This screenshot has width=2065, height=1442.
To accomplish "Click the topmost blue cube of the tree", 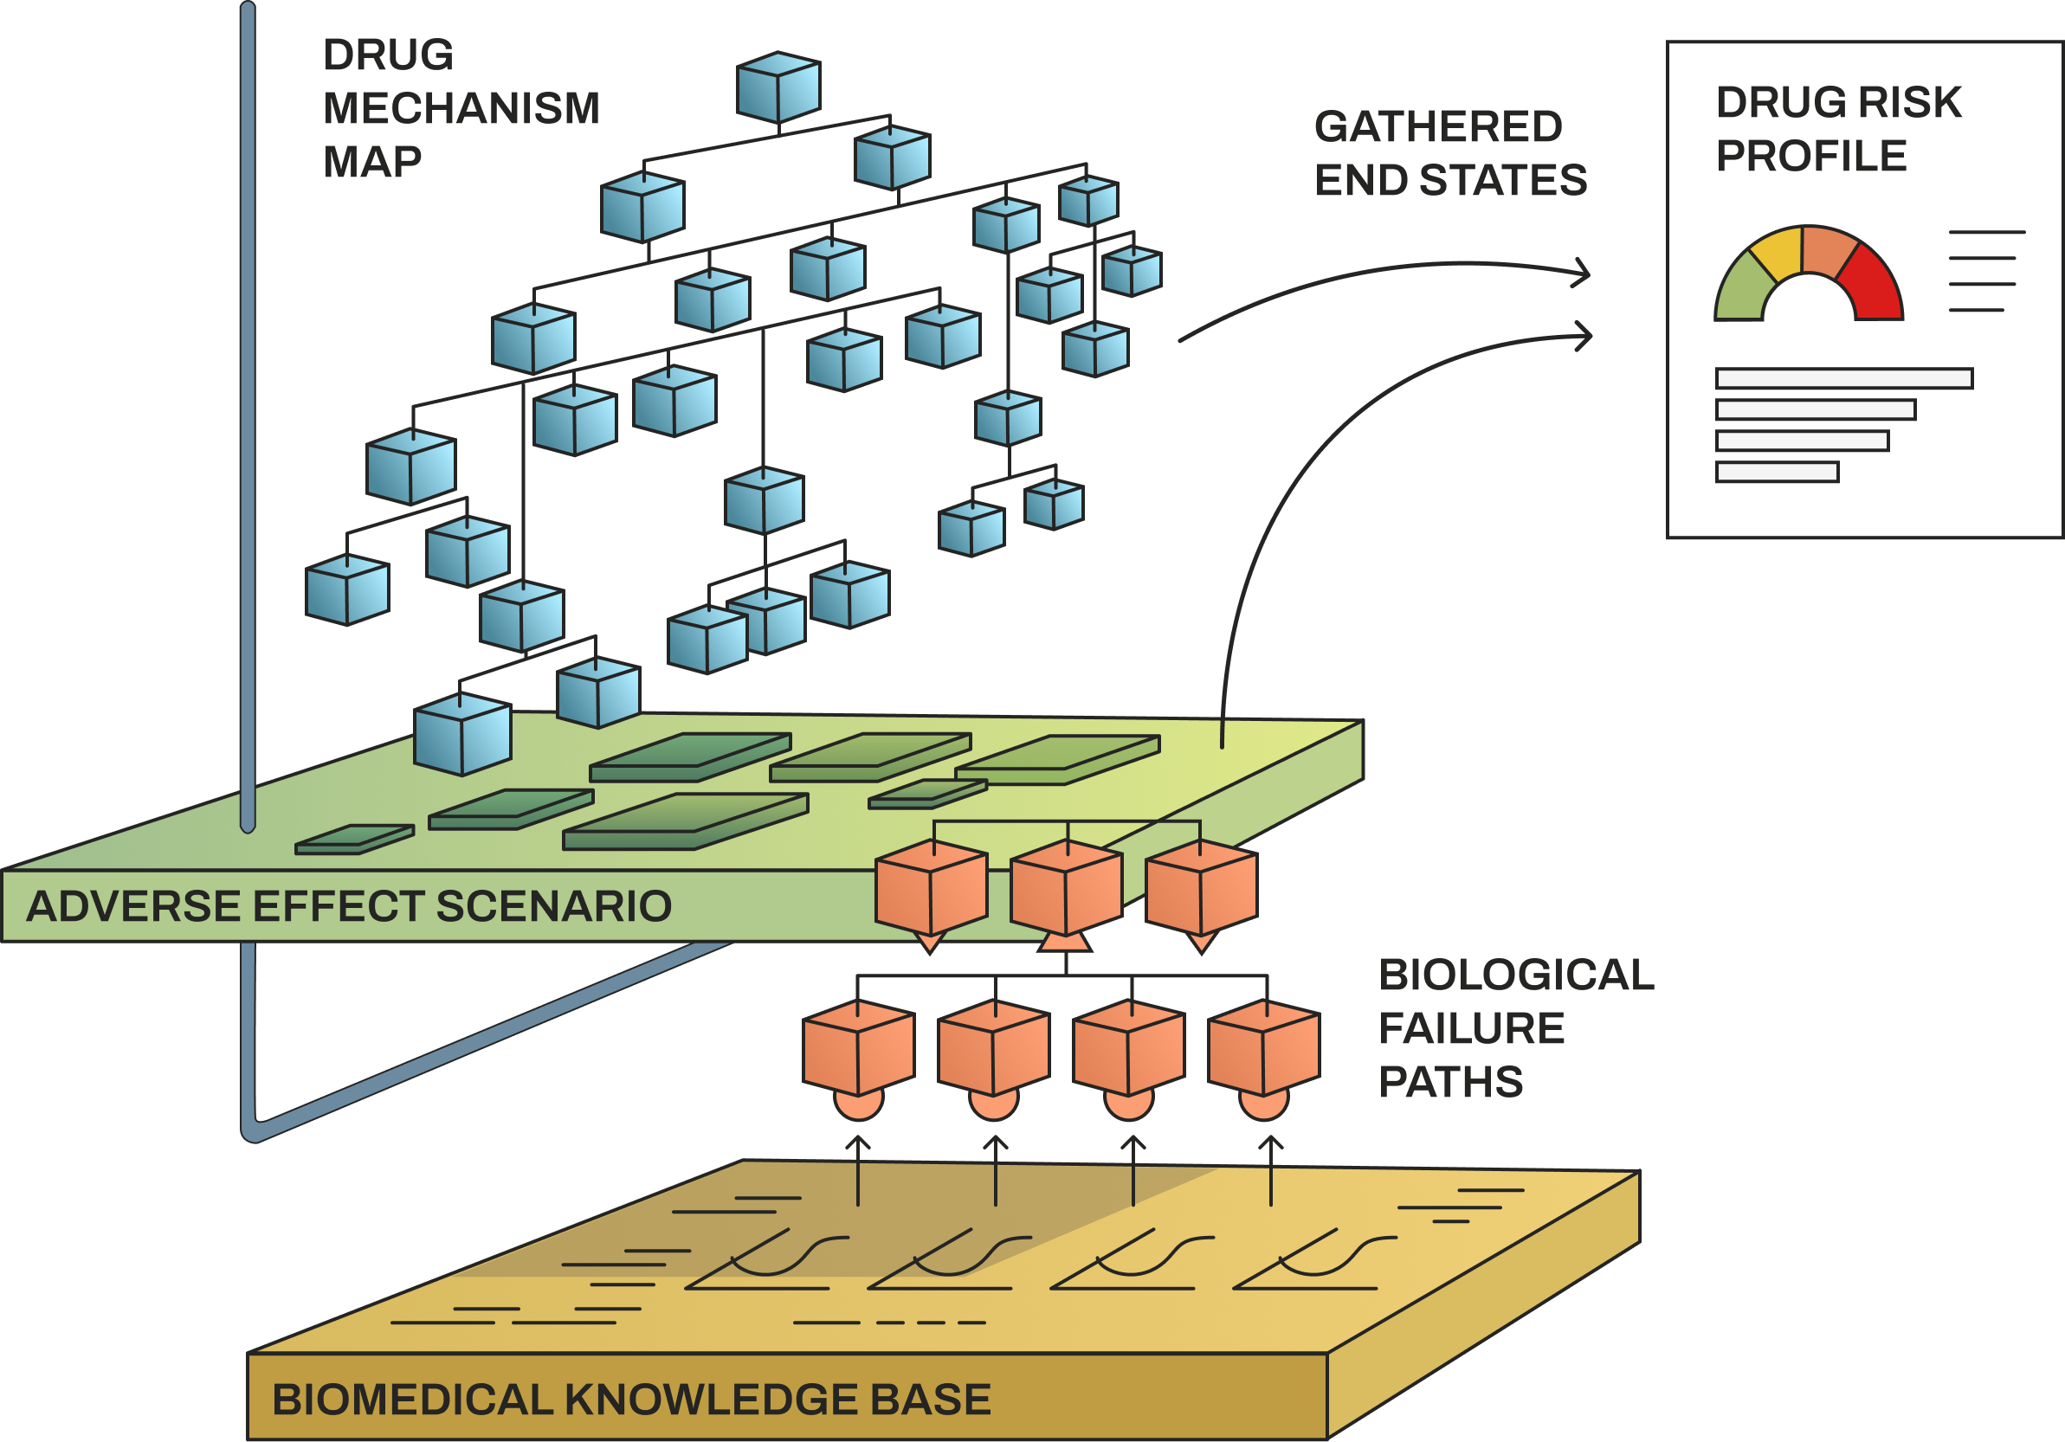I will tap(778, 87).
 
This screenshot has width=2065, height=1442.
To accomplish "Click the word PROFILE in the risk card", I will tap(1810, 157).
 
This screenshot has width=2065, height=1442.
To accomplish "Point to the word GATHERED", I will tap(1438, 126).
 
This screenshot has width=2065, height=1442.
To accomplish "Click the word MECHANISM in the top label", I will tap(461, 109).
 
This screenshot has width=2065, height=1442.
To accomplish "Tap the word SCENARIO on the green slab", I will tap(553, 906).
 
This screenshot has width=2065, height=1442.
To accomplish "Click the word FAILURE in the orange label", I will tap(1471, 1028).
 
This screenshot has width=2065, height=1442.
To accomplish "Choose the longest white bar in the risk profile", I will tap(1843, 378).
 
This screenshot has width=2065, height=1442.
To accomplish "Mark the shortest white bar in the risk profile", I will tap(1777, 472).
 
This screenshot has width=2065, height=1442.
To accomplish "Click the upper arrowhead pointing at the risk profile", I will tap(1583, 273).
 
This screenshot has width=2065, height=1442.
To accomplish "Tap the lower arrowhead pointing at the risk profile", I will tap(1584, 336).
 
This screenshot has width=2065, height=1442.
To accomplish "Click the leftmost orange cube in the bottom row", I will tap(858, 1047).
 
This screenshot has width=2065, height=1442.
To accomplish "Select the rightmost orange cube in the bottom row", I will tap(1262, 1047).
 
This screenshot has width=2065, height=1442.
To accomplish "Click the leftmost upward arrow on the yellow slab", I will tap(858, 1168).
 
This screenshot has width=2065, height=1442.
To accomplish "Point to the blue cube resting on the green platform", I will tap(462, 735).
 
